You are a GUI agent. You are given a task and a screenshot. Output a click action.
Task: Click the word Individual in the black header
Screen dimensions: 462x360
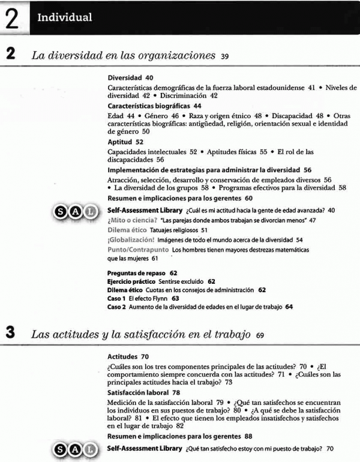pos(64,17)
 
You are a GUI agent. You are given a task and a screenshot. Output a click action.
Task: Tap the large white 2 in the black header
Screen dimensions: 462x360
pos(11,17)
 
